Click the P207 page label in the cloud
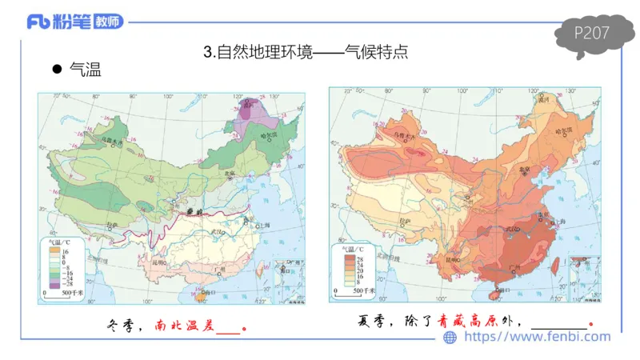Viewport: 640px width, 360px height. tap(593, 33)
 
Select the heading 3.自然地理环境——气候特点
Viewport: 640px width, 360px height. tap(307, 53)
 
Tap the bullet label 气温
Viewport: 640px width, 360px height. tap(85, 70)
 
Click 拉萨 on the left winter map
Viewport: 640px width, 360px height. tap(113, 225)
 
